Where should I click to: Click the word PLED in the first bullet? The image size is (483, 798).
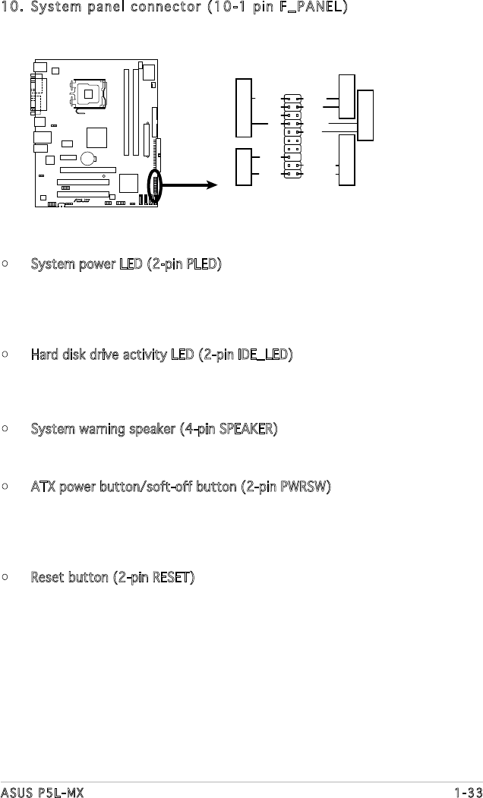coord(204,266)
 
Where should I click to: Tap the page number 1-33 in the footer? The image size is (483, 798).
coord(467,792)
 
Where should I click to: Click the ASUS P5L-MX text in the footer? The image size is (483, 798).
coord(42,792)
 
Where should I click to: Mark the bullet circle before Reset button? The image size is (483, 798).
coord(5,579)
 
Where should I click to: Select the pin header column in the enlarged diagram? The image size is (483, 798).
coord(294,137)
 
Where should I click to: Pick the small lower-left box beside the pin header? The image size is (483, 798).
coord(245,167)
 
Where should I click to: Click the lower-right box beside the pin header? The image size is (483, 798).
coord(346,160)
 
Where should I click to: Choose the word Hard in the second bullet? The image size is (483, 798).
coord(44,355)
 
